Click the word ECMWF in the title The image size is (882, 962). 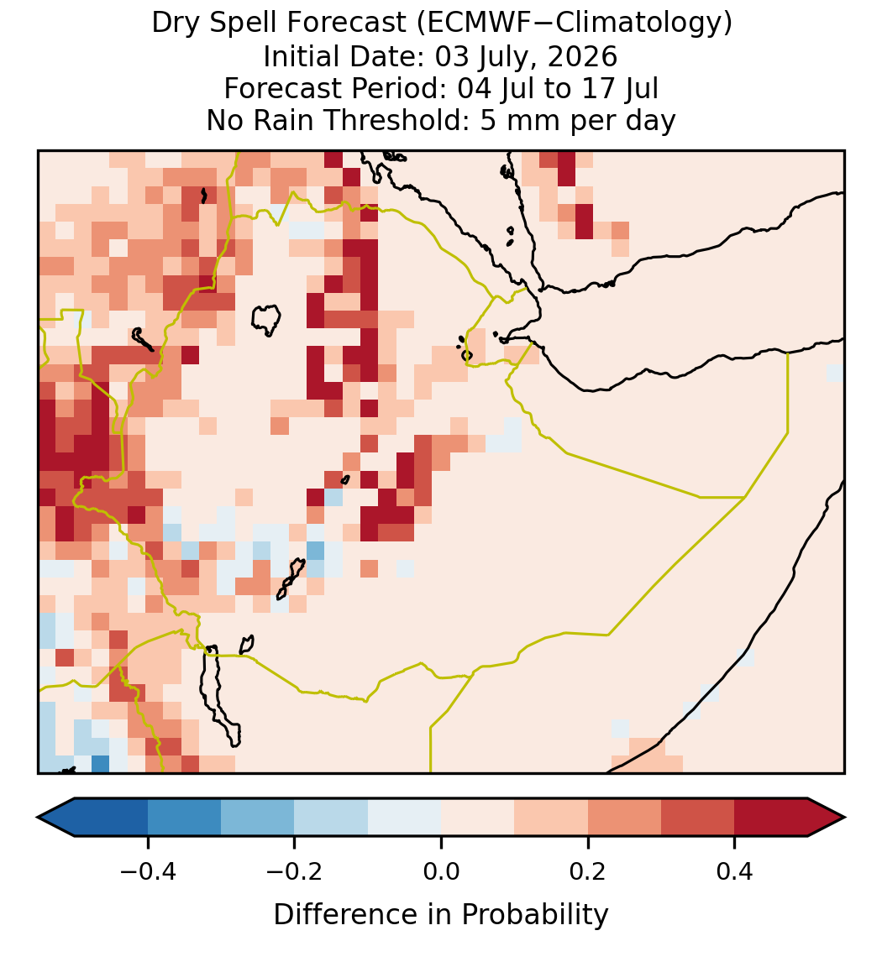click(x=475, y=24)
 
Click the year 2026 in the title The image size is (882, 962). click(x=582, y=56)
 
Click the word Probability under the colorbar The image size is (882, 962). click(x=534, y=915)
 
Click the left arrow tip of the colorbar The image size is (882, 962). click(x=38, y=818)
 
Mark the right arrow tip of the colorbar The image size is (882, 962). click(x=845, y=818)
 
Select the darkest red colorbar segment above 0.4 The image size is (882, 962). click(x=771, y=818)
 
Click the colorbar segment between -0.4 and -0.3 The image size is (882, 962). click(x=184, y=818)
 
